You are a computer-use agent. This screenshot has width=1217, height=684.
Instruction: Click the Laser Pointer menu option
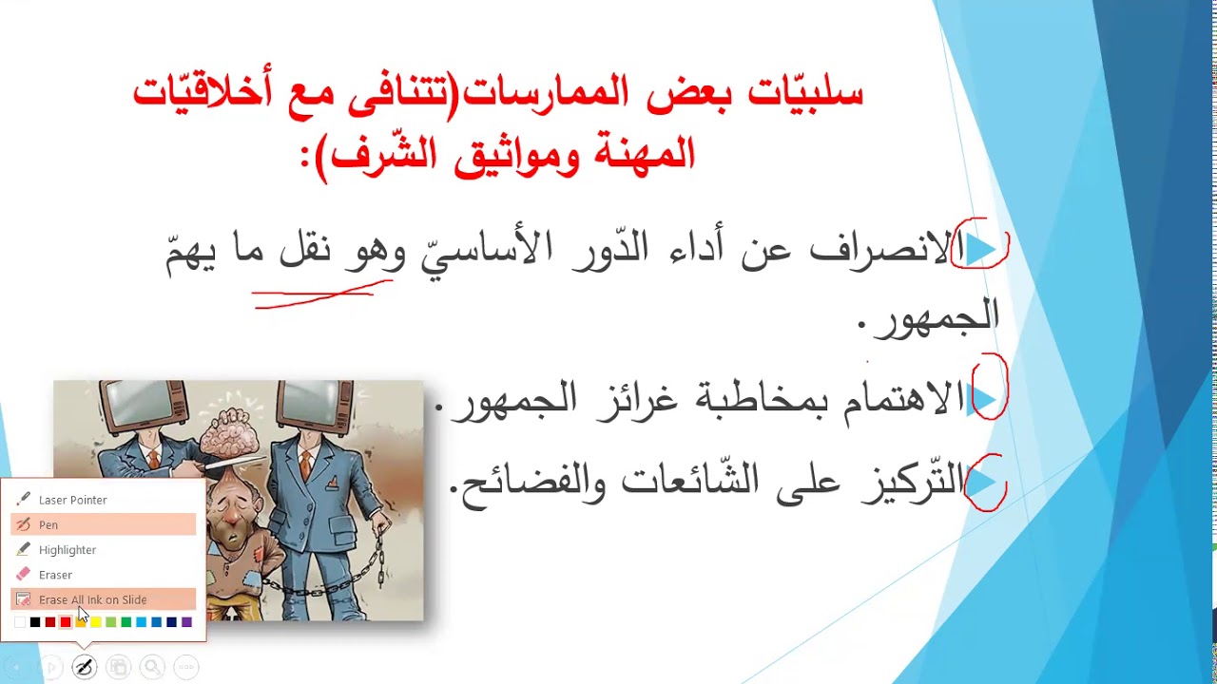tap(72, 500)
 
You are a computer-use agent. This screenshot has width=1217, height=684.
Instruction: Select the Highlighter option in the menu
tap(67, 550)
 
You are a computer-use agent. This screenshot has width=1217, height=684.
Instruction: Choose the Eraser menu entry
tap(55, 575)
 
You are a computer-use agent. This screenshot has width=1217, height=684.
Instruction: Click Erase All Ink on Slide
tap(92, 599)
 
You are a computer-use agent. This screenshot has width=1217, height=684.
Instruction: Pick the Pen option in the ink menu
tap(48, 524)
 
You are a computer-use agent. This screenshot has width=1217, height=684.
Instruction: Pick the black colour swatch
tap(35, 622)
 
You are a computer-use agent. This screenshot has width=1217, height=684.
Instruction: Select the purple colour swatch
tap(186, 622)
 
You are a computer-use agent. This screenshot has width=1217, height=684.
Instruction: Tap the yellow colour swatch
tap(96, 622)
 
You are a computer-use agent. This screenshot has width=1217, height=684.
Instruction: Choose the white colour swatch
tap(20, 622)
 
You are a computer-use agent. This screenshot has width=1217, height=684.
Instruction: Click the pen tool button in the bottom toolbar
tap(84, 667)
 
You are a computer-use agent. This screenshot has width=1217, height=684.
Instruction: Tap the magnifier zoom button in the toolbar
tap(152, 667)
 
